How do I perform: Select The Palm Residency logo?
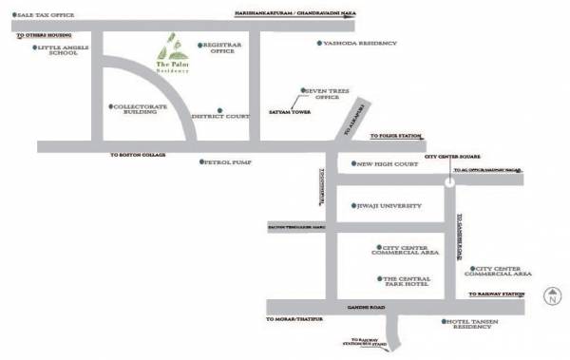point(172,54)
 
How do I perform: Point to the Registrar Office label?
point(220,47)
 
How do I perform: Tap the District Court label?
point(219,117)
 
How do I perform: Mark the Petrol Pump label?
point(227,162)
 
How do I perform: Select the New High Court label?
point(384,163)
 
